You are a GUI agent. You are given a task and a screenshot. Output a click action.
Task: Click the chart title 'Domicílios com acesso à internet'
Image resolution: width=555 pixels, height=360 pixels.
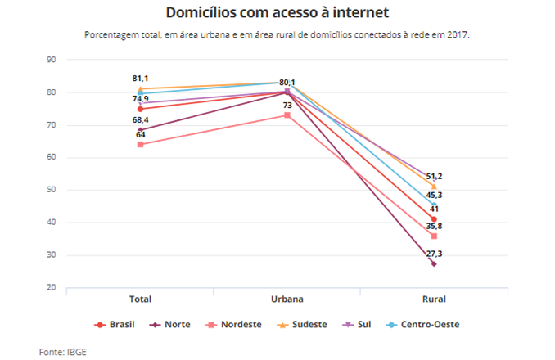(277, 13)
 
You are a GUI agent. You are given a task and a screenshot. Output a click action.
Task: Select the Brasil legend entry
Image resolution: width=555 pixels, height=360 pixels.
(115, 324)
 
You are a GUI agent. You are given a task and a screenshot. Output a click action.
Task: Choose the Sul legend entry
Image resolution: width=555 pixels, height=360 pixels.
(359, 324)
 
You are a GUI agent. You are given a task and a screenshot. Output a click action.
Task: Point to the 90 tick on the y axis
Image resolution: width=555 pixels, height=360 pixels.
(51, 60)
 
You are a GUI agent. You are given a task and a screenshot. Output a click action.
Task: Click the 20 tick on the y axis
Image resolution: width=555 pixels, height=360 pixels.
(51, 288)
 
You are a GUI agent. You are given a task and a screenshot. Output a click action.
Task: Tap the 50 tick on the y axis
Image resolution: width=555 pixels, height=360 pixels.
(51, 190)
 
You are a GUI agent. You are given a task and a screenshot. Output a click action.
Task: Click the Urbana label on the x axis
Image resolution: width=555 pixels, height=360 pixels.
(287, 299)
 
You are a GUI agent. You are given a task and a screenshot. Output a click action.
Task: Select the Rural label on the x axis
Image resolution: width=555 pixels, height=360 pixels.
(434, 299)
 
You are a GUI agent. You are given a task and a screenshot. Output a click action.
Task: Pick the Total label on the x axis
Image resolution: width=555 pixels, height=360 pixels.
(141, 299)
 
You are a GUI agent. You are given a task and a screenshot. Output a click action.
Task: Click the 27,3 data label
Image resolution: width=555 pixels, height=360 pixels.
(434, 254)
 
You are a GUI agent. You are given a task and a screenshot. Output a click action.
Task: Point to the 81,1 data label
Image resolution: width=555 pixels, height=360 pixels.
(141, 79)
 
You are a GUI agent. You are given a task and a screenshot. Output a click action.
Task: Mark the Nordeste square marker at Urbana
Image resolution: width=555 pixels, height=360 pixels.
(287, 115)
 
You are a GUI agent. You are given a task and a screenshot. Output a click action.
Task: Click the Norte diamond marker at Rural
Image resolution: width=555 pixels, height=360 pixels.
(434, 264)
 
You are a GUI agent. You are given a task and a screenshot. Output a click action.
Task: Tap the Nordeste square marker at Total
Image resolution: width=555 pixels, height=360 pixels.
(141, 145)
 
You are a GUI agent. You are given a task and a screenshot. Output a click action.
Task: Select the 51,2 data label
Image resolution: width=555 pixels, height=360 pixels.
(434, 176)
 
